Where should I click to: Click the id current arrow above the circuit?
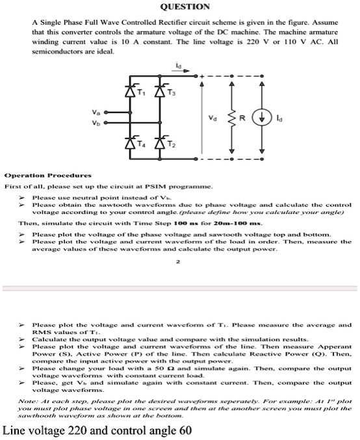pyautogui.click(x=178, y=68)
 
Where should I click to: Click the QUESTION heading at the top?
pyautogui.click(x=179, y=6)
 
